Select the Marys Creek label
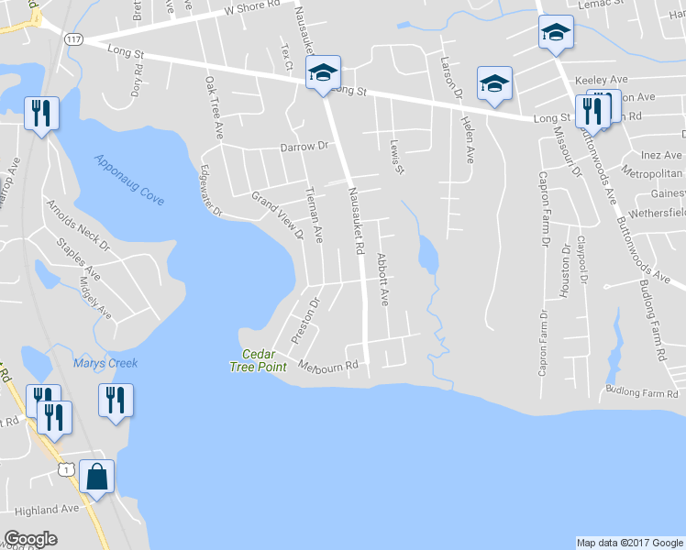[105, 364]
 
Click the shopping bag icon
[96, 477]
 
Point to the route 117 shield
[73, 39]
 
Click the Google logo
[30, 539]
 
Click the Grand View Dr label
[278, 214]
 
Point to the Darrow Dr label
[304, 146]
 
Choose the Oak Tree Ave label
[215, 107]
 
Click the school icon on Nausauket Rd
[323, 72]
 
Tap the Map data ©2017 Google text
[629, 543]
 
